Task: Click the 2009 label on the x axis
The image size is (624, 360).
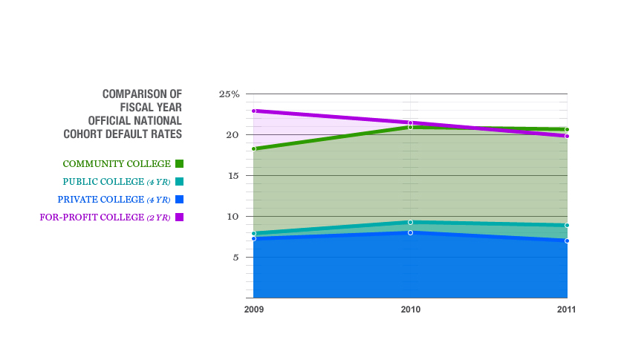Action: coord(254,309)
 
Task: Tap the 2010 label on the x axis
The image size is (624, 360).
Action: coord(410,309)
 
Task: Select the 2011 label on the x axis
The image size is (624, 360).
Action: coord(565,309)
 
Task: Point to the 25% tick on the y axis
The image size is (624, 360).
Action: coord(229,94)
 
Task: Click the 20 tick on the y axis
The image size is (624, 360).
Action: coord(232,135)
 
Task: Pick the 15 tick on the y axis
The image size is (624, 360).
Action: coord(232,176)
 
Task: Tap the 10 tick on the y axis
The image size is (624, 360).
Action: coord(232,217)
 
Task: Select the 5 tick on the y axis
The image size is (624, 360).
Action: coord(235,258)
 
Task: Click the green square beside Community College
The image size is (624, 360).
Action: coord(179,164)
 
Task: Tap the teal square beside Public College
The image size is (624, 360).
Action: coord(179,182)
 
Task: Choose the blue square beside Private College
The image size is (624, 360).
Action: coord(179,200)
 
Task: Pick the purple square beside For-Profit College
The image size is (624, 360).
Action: coord(179,217)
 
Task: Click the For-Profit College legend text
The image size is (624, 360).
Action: coord(104,217)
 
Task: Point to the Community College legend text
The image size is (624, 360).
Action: coord(117,164)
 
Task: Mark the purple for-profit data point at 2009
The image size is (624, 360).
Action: coord(254,111)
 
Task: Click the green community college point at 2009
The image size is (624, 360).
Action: coord(254,149)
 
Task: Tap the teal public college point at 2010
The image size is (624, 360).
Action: coord(410,222)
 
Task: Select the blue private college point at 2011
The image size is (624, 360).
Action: coord(566,240)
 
